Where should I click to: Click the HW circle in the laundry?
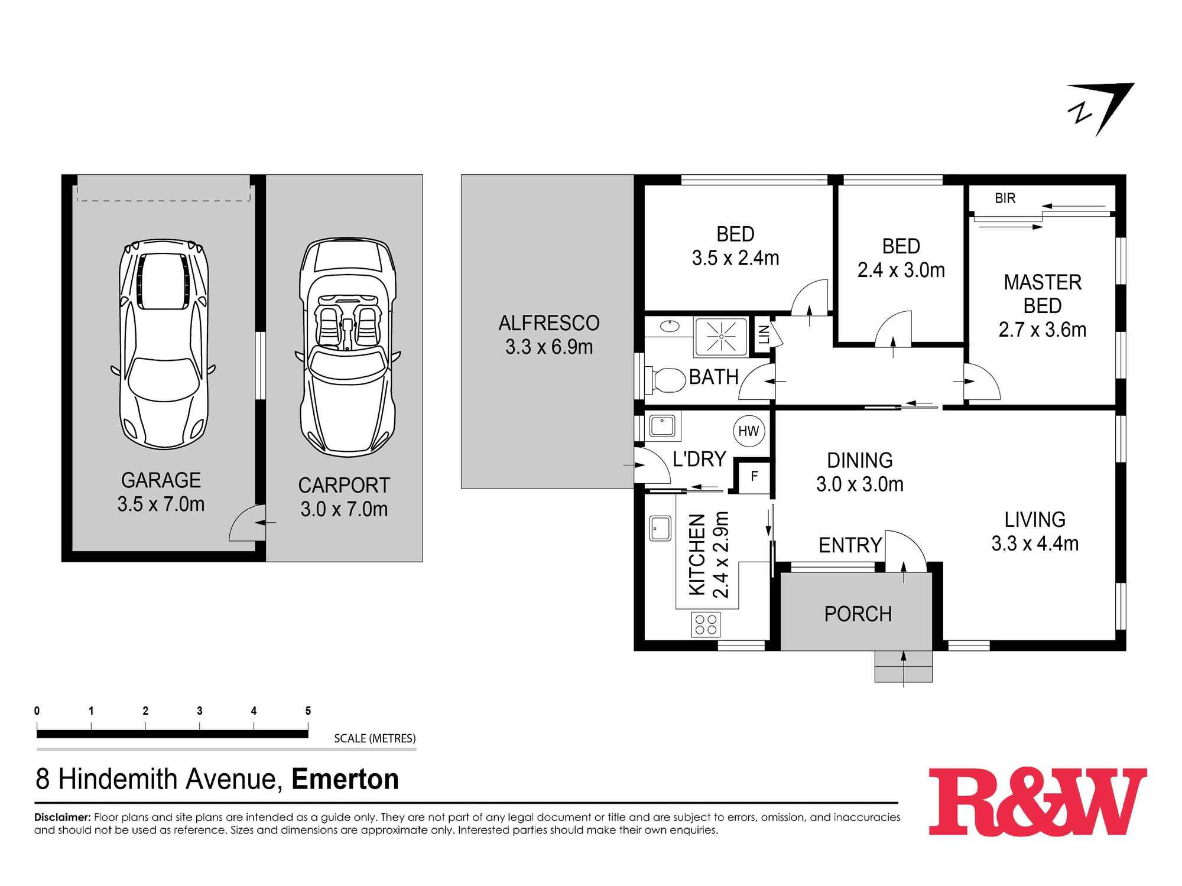tap(749, 431)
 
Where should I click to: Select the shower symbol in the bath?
tap(721, 337)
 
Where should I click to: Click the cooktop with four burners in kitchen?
tap(705, 625)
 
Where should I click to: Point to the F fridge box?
tap(754, 477)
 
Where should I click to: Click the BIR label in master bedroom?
tap(1005, 198)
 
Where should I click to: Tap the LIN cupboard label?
tap(764, 335)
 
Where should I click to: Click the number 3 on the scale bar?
tap(200, 711)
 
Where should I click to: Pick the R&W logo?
tap(1037, 801)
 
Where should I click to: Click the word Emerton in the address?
tap(345, 779)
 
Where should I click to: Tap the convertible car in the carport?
tap(347, 347)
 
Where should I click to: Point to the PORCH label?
tap(858, 614)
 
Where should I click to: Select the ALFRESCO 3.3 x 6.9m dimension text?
tap(548, 347)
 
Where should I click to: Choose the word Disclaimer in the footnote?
tap(62, 817)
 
